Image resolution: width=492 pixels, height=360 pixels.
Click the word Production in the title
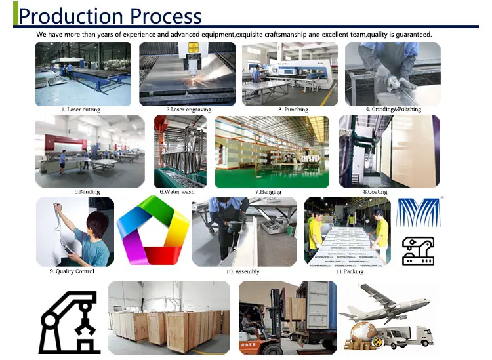[71, 16]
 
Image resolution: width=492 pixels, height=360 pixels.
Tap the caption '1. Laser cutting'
[81, 110]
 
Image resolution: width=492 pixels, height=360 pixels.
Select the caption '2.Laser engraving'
[188, 110]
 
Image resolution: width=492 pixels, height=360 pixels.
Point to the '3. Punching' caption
[293, 110]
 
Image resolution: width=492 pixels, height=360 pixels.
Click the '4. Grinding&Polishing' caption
[394, 109]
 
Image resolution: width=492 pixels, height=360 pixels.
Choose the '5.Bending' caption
[87, 191]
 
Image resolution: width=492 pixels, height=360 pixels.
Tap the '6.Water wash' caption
[177, 191]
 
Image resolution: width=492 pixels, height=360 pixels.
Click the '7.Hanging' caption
[268, 192]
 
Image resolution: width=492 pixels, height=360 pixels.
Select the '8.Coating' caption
[375, 192]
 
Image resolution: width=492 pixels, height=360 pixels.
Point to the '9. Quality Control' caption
[72, 271]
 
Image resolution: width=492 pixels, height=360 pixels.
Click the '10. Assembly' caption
[243, 271]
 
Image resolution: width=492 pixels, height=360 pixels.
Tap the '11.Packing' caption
[350, 271]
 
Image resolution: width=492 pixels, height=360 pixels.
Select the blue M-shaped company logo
[419, 212]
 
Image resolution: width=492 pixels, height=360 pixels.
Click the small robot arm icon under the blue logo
[419, 251]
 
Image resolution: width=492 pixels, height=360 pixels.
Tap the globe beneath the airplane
[363, 333]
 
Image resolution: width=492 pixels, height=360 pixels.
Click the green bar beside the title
[15, 13]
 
